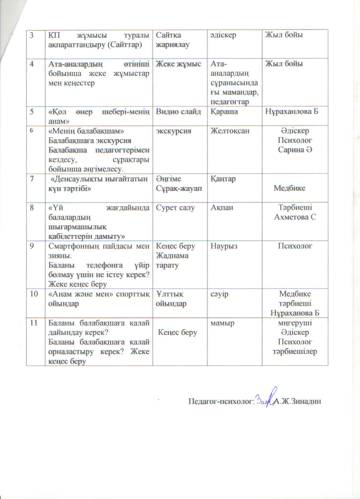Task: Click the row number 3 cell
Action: (x=32, y=35)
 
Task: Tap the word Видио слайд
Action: (x=178, y=111)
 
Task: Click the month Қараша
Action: (x=224, y=111)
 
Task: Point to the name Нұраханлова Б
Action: (x=292, y=111)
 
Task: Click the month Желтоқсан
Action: (x=230, y=131)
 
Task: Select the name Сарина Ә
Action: (x=295, y=150)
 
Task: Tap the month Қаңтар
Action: (x=223, y=179)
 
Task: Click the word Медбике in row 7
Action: (x=289, y=188)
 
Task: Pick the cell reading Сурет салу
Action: (x=175, y=208)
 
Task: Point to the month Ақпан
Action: (x=222, y=208)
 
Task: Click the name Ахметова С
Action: (x=295, y=217)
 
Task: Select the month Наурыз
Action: (x=224, y=246)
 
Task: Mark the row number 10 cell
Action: (x=34, y=294)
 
